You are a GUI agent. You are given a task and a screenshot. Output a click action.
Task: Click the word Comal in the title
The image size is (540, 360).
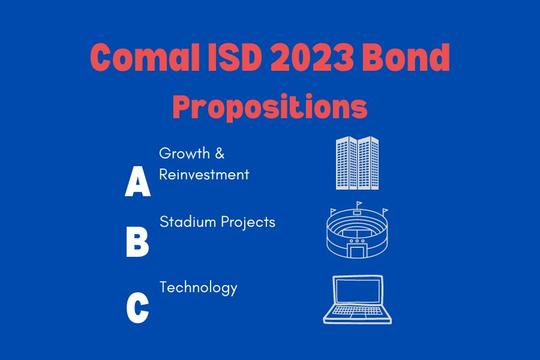coord(145,57)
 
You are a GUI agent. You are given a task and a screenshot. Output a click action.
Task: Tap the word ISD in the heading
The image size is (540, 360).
coord(235,57)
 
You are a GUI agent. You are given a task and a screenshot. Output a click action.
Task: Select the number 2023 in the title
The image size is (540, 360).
coord(312,57)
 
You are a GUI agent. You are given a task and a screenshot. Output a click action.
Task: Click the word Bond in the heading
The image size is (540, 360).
coord(406,57)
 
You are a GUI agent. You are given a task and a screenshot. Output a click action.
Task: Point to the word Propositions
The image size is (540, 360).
coord(270,106)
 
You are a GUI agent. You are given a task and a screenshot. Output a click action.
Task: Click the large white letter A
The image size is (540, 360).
coord(138,181)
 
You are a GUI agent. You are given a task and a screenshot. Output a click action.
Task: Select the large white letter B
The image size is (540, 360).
coord(137,242)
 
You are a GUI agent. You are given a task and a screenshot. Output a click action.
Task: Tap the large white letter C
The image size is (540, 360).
coord(137,308)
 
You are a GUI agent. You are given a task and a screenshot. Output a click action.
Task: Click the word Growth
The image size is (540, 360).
coord(184,154)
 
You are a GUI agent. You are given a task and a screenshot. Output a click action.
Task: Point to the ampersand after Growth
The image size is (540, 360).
coord(220,154)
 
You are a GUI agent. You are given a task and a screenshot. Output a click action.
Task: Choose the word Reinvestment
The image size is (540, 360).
coord(204,175)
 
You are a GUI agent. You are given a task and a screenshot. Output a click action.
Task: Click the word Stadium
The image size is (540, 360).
coord(188,222)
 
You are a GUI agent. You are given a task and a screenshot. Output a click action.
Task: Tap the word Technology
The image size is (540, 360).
coord(199,288)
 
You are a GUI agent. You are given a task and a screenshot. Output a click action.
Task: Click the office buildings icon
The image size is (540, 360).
coord(357,163)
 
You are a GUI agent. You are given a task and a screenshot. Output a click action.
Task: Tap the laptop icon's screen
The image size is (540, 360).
coord(358,290)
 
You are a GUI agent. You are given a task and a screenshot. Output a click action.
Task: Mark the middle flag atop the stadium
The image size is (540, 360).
coord(359,204)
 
